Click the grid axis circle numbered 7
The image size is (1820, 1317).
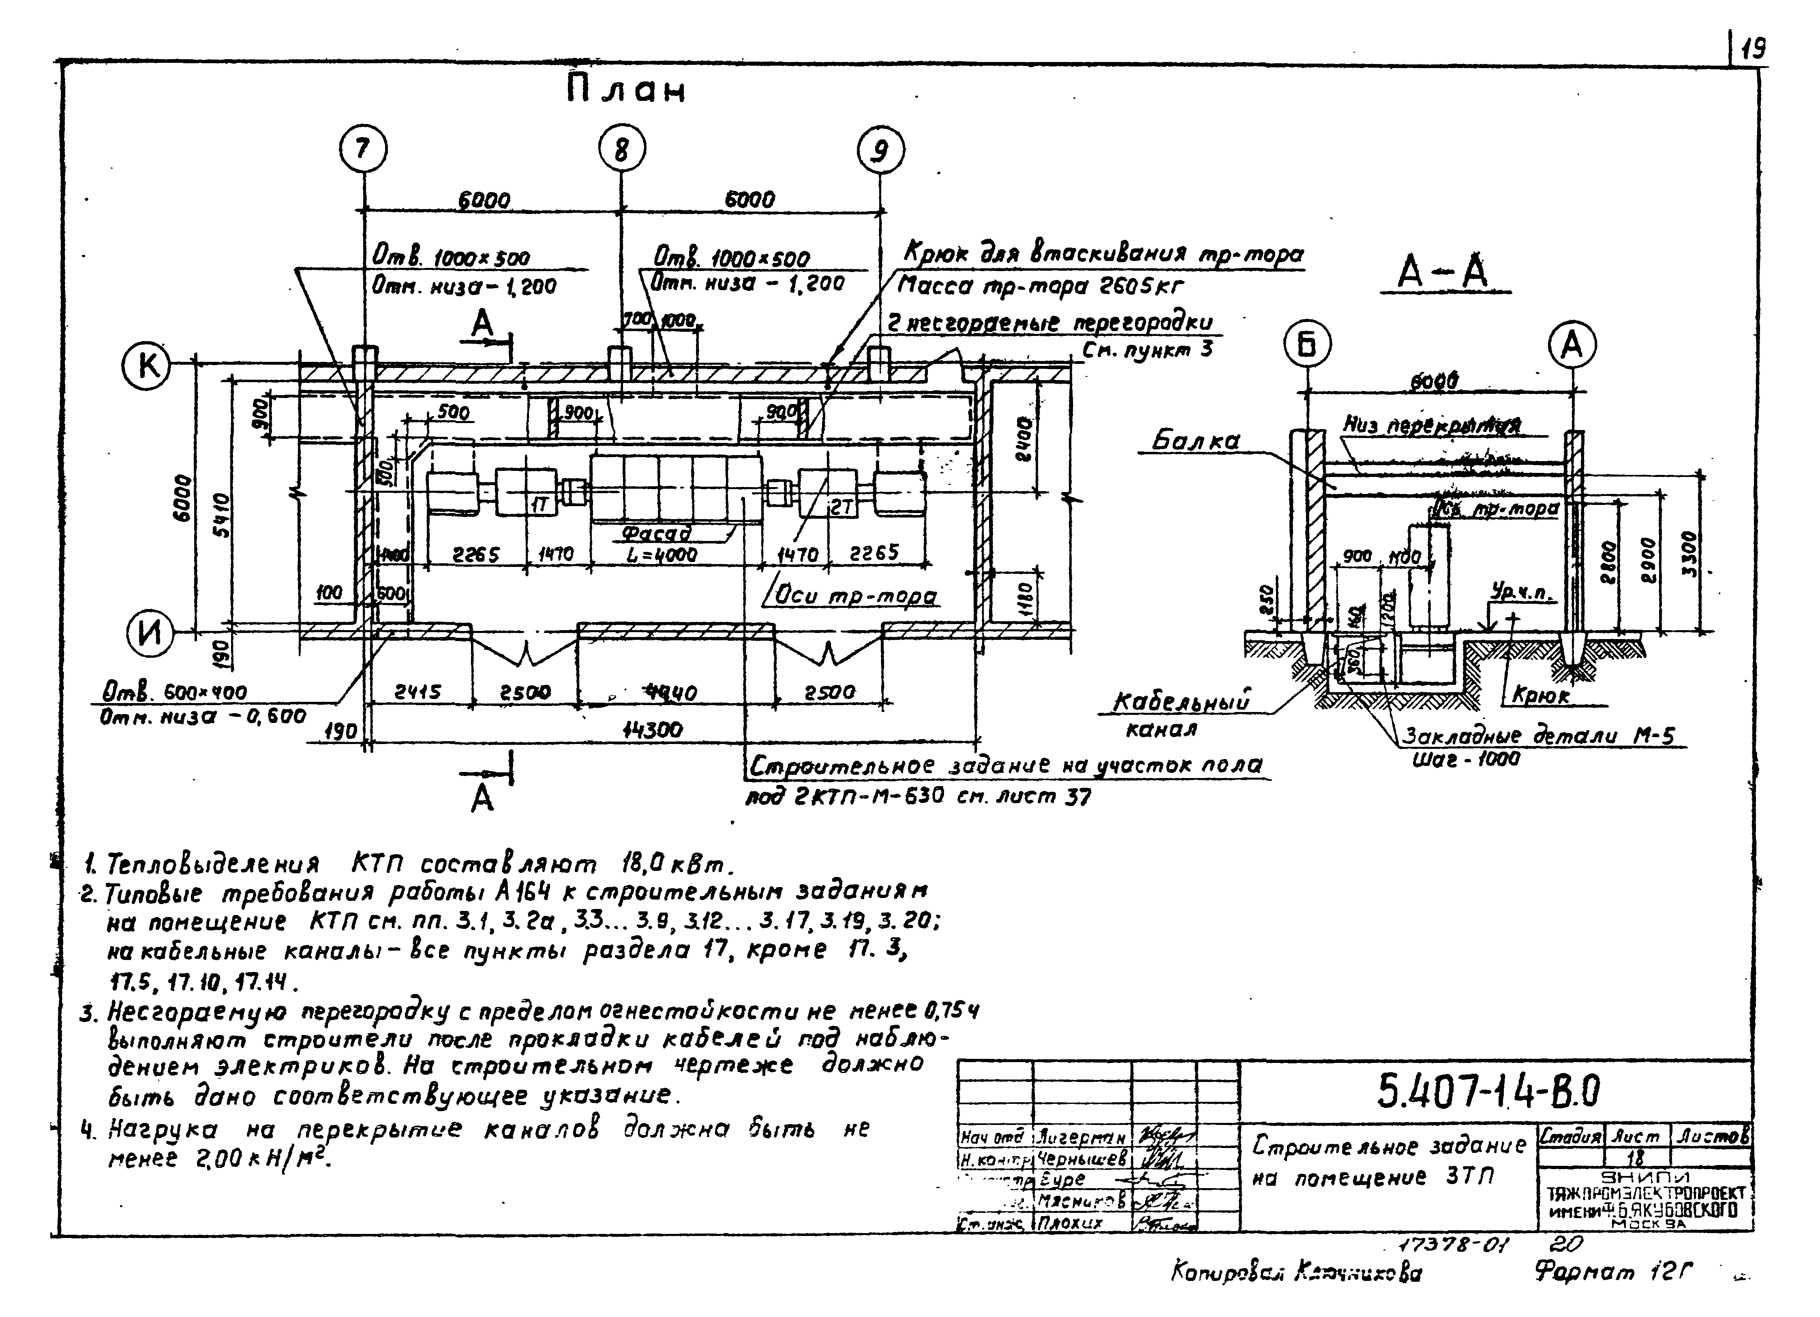(x=364, y=150)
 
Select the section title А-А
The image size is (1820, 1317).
(x=1442, y=273)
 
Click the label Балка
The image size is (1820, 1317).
(x=1196, y=440)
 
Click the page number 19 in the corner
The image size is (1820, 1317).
(x=1752, y=51)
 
